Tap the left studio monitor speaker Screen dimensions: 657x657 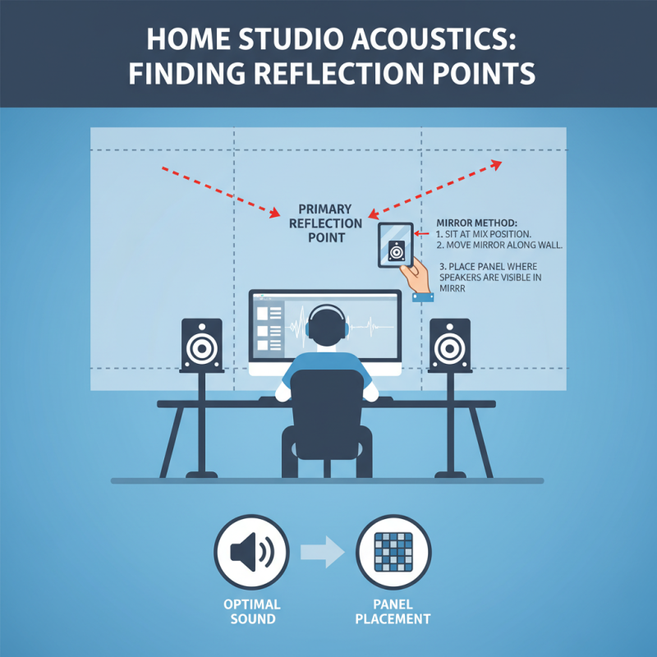[x=201, y=345]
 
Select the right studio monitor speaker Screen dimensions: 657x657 [x=449, y=345]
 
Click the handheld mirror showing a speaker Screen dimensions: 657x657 [x=396, y=244]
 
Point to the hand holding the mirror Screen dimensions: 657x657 [x=420, y=275]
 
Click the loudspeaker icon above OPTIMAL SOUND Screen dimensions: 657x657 [x=251, y=554]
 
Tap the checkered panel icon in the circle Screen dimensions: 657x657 [x=393, y=554]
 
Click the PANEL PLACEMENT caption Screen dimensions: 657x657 [x=393, y=611]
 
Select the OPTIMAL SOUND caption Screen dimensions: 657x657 [x=251, y=611]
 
